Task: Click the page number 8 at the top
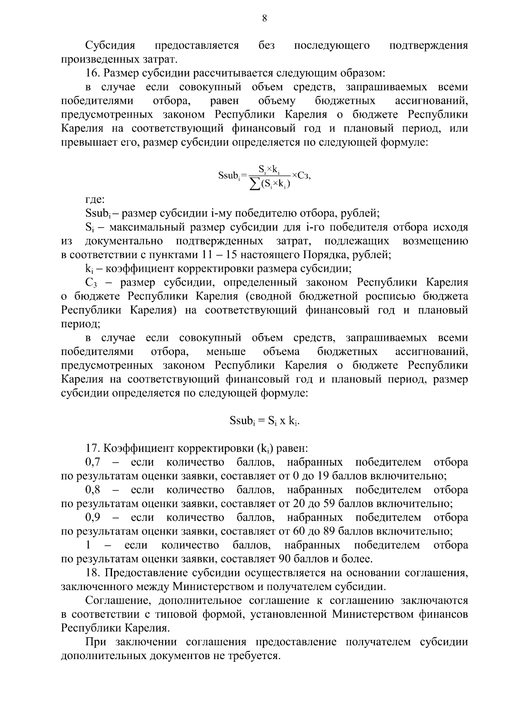264,18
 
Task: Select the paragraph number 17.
92,448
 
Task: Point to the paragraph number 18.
92,573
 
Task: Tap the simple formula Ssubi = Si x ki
264,421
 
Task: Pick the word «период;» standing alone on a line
80,324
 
